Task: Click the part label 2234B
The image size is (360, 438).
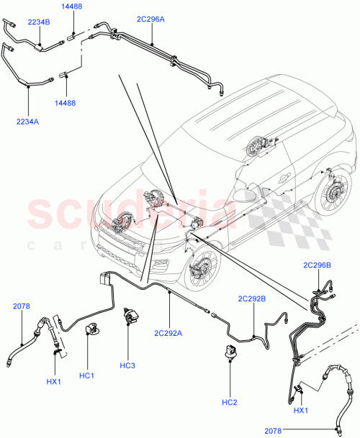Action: [x=38, y=22]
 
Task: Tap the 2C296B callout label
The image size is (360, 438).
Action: [x=317, y=266]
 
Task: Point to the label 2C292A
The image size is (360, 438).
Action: [x=168, y=332]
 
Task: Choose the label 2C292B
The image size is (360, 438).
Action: [x=252, y=298]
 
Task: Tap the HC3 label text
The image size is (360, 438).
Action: [x=127, y=366]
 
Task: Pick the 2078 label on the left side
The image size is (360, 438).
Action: [x=22, y=307]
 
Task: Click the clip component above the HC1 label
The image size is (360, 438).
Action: [x=91, y=329]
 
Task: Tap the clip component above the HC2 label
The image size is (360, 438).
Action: [x=229, y=352]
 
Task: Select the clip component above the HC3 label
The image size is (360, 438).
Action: [x=130, y=316]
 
